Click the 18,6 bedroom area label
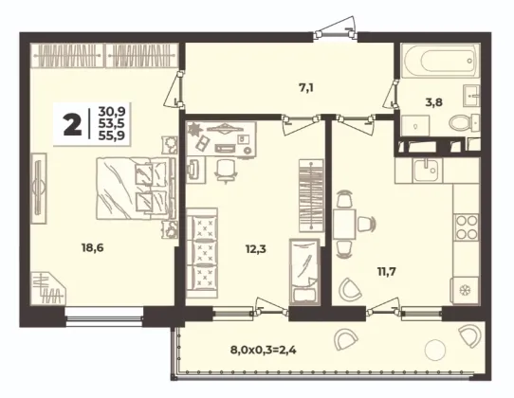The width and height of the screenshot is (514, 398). click(x=92, y=248)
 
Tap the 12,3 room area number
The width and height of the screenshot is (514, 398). click(x=256, y=249)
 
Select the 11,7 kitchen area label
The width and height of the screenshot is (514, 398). click(x=387, y=272)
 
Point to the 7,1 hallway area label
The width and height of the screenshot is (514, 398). click(x=306, y=88)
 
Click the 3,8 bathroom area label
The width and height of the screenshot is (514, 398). click(x=433, y=102)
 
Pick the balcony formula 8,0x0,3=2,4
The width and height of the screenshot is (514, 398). click(x=264, y=351)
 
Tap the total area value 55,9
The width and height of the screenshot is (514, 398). click(x=112, y=135)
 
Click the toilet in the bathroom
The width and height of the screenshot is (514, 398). click(x=464, y=123)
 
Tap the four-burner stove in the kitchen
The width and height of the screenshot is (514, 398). click(x=467, y=226)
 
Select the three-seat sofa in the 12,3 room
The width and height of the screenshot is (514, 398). click(x=202, y=253)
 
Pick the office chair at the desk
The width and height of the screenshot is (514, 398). click(x=226, y=170)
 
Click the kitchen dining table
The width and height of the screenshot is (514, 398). click(x=344, y=225)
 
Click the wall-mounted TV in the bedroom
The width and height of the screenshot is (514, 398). click(x=39, y=188)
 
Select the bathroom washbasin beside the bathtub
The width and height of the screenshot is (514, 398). click(x=472, y=96)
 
